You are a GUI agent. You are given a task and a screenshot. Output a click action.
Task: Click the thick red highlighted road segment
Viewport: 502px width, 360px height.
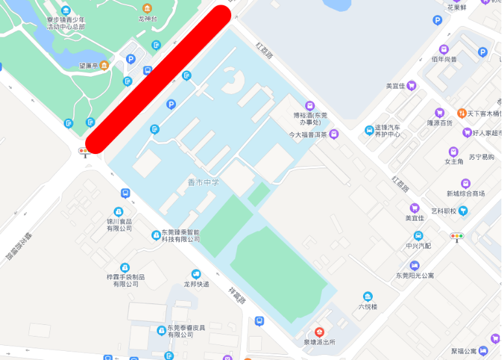click(x=158, y=80)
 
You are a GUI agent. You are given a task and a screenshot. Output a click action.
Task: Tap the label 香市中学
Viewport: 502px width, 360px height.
click(x=203, y=183)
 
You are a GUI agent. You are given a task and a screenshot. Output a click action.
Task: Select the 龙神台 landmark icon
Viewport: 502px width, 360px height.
click(x=147, y=8)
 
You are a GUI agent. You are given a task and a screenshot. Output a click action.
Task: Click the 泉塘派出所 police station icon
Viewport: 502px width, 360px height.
click(x=318, y=331)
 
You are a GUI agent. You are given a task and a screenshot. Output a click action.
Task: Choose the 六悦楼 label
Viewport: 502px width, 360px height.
click(x=368, y=307)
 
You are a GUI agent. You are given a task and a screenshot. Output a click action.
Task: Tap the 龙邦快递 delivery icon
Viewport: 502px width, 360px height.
click(x=196, y=274)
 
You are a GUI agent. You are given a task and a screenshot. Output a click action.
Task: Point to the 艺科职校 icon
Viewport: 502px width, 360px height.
click(x=463, y=211)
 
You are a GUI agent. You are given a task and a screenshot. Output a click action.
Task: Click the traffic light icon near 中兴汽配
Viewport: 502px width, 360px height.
click(x=458, y=237)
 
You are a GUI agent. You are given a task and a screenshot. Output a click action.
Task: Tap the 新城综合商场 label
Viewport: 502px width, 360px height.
click(x=466, y=194)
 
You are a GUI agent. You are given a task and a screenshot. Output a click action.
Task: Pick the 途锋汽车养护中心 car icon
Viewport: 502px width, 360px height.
click(x=369, y=129)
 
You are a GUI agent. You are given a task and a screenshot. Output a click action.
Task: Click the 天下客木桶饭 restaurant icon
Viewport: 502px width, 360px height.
click(x=462, y=114)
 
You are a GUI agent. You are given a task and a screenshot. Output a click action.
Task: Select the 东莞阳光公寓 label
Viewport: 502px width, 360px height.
click(x=415, y=276)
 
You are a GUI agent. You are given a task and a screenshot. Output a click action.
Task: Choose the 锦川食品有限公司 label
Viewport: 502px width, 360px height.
click(x=119, y=225)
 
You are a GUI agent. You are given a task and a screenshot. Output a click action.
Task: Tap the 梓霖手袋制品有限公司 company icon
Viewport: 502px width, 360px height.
click(x=125, y=268)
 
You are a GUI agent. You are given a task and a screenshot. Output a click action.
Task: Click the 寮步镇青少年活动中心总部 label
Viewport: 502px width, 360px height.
click(x=66, y=23)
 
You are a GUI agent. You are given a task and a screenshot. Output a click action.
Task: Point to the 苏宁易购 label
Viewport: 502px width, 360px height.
click(x=481, y=157)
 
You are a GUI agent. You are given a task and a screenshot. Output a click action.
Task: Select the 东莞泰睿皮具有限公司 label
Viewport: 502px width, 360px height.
click(x=186, y=331)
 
